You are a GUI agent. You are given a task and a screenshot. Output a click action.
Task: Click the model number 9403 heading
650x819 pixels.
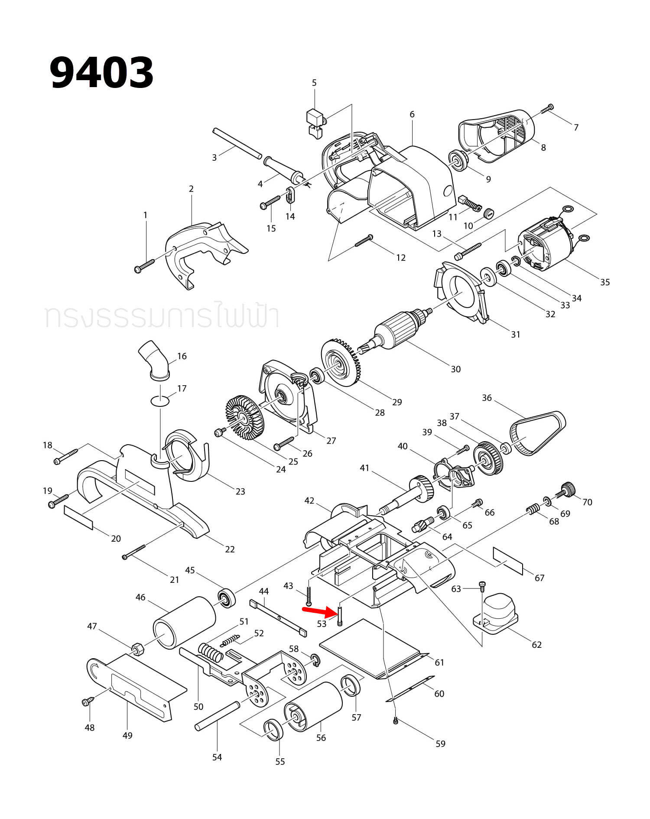point(101,72)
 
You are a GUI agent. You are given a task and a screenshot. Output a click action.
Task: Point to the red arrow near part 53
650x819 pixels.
point(319,612)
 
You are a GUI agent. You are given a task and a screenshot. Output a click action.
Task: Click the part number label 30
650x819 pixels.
point(455,369)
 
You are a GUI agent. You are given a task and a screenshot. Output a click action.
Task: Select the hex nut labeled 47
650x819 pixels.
point(138,648)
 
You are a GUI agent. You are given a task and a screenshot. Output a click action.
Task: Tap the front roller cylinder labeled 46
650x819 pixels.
point(184,622)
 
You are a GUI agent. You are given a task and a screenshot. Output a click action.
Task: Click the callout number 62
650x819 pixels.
point(536,645)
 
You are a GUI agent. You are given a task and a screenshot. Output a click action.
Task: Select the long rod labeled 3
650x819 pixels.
point(237,143)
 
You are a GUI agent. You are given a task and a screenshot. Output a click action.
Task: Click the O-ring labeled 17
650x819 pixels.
point(160,401)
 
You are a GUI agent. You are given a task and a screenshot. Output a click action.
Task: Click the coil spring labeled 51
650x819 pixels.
point(211,652)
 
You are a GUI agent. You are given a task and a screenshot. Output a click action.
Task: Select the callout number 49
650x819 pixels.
point(127,735)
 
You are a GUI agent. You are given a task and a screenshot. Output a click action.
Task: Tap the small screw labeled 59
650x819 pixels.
point(395,721)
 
